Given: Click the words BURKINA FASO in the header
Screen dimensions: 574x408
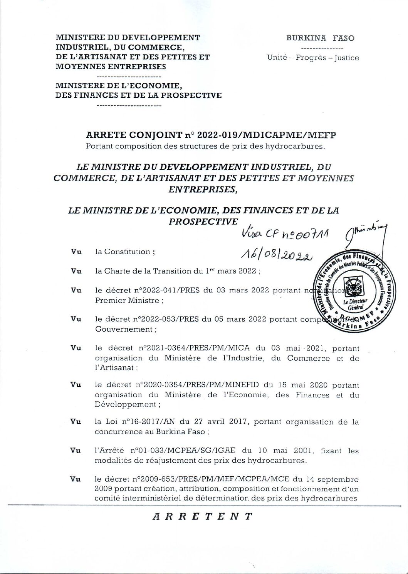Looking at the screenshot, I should [x=320, y=38].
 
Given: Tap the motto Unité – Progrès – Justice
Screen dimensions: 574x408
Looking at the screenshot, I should [x=313, y=58].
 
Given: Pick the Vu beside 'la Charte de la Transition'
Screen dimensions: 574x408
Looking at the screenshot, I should [x=76, y=271].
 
